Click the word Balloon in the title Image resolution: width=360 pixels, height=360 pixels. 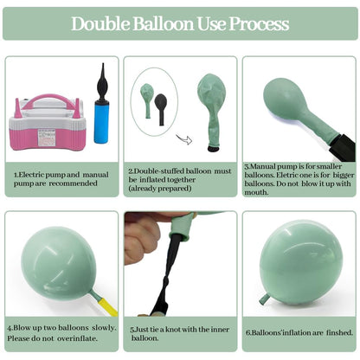[x=163, y=24]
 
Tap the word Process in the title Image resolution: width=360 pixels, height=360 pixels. [x=259, y=24]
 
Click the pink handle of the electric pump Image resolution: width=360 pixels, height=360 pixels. [x=51, y=100]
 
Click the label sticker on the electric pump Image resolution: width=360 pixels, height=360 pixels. [x=46, y=137]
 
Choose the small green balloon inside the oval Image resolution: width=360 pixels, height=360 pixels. [x=147, y=100]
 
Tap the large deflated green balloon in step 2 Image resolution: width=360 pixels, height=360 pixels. [x=212, y=110]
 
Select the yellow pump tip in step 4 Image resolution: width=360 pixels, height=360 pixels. [x=108, y=307]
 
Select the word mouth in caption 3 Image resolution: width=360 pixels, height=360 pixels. [x=256, y=192]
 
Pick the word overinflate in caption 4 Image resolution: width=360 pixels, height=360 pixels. [x=77, y=338]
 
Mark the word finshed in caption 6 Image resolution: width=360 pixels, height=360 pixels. [x=339, y=333]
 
